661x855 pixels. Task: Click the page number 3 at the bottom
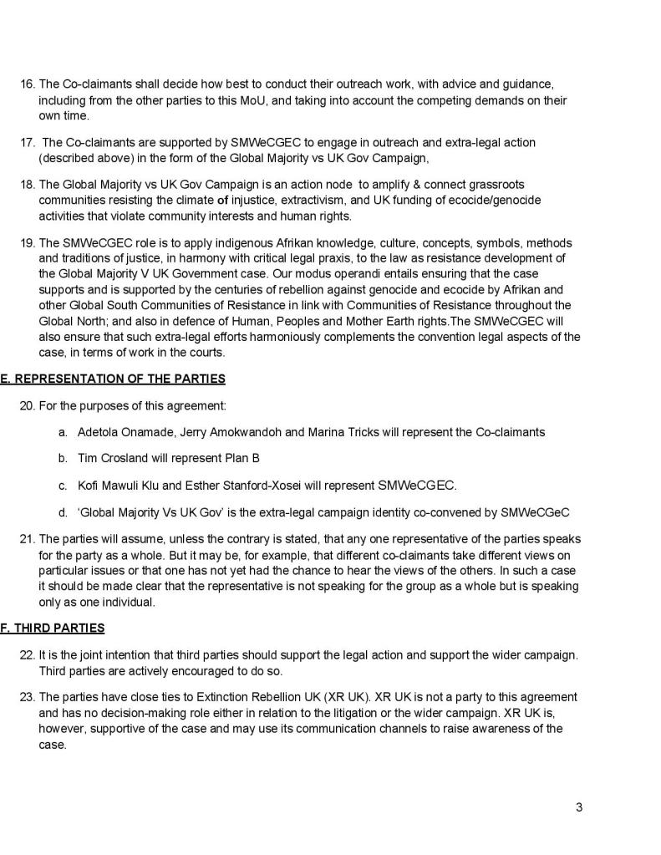579,807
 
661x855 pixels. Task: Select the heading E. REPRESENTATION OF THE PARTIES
113,379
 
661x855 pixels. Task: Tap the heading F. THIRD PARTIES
53,628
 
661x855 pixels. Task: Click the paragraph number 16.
27,84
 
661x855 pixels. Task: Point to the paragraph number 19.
27,243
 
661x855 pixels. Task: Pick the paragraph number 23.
27,697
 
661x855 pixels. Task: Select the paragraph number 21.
27,538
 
